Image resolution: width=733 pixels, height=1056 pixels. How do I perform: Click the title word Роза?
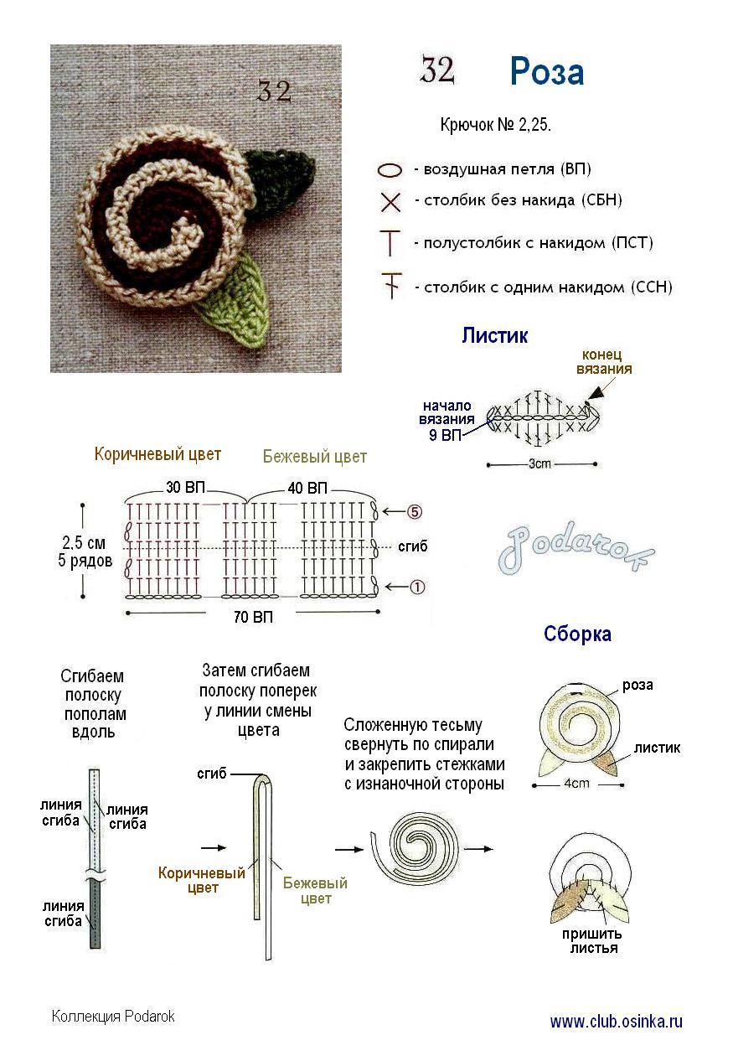(546, 73)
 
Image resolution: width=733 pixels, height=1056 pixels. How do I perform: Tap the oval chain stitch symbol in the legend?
(390, 170)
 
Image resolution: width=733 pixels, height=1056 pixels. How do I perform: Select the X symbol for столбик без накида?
(390, 202)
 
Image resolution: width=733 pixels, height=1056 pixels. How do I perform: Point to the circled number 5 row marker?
(415, 510)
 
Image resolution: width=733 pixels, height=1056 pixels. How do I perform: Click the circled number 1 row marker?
(415, 588)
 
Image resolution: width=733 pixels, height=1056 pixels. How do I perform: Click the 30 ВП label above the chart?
(183, 488)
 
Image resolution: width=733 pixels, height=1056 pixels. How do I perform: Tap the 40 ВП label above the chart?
(306, 488)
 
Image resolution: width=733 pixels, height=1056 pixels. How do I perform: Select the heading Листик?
(494, 336)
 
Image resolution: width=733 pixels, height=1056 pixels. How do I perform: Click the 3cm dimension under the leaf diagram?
(541, 463)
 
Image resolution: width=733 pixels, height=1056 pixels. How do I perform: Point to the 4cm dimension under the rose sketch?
(576, 784)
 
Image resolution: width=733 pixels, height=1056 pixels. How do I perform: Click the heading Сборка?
(577, 634)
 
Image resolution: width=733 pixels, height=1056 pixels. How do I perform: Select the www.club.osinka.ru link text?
(616, 1022)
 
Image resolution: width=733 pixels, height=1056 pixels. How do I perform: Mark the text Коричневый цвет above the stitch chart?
(157, 454)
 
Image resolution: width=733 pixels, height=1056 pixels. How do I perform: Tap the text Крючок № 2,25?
(495, 126)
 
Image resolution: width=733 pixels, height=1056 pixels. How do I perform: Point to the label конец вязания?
(605, 361)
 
